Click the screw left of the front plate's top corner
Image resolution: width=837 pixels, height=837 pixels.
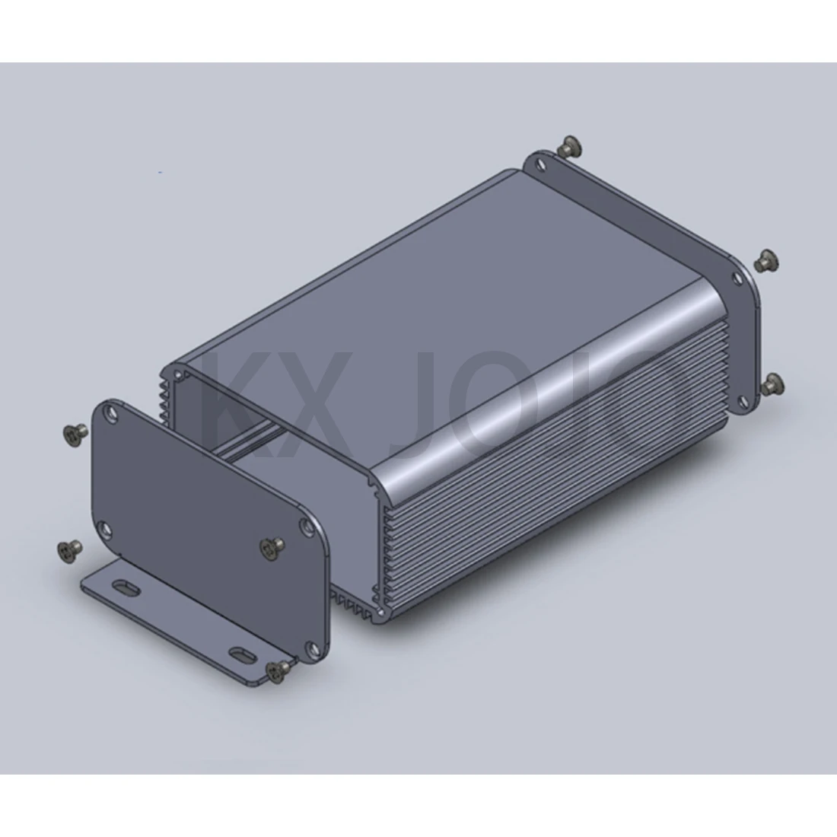pos(73,434)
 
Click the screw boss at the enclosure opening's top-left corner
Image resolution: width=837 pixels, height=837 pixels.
pos(178,374)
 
